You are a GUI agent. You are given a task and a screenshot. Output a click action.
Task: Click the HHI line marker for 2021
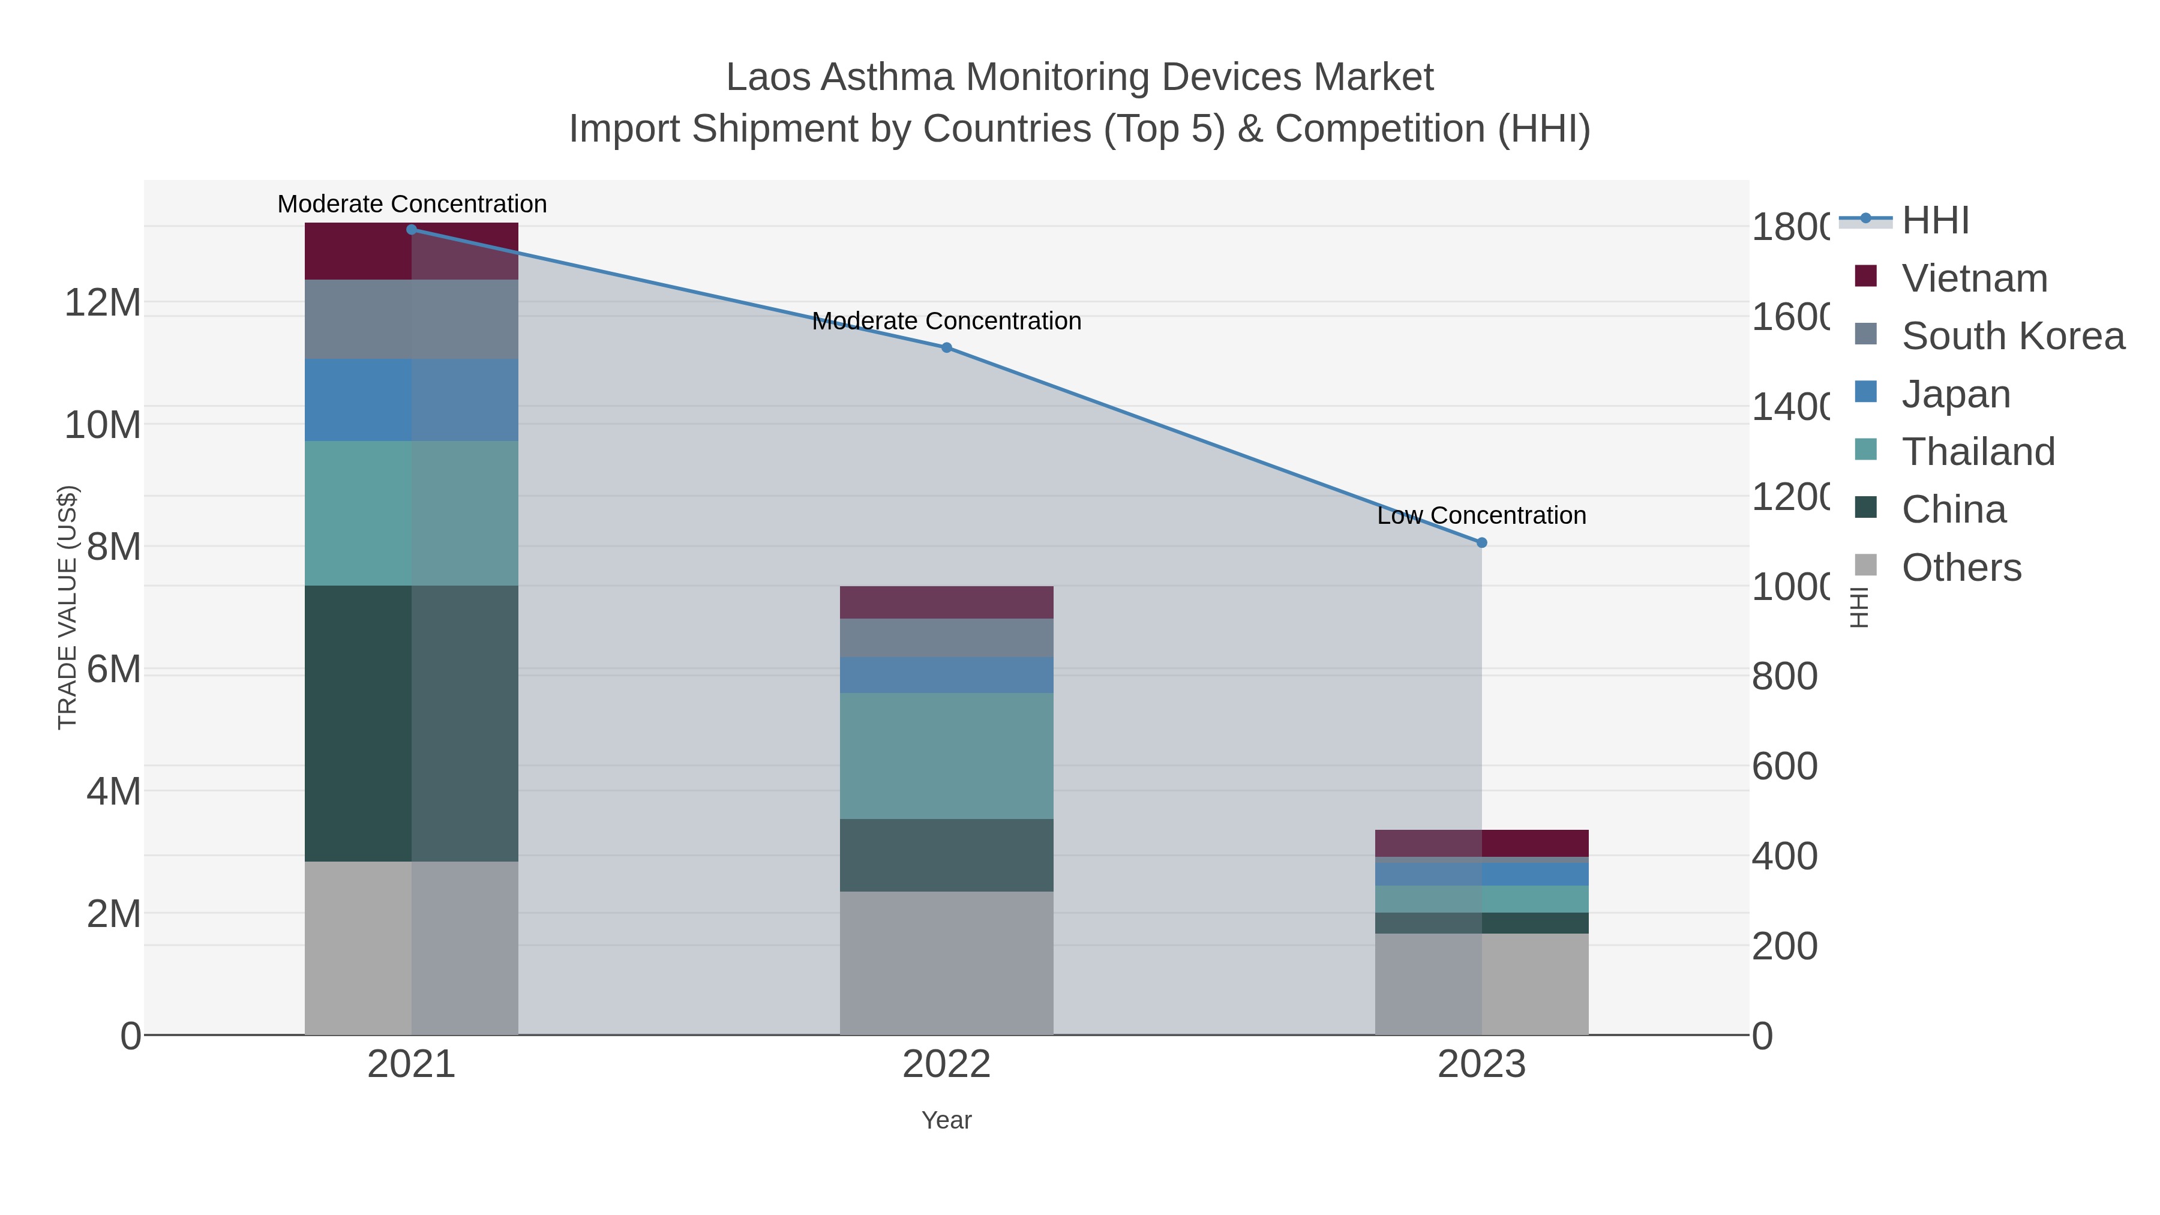tap(411, 229)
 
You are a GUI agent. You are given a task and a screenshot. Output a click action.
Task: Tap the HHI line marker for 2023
tap(1481, 542)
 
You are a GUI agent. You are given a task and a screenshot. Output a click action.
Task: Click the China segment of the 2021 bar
tap(411, 723)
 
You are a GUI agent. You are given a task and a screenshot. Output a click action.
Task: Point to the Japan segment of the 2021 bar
tap(411, 400)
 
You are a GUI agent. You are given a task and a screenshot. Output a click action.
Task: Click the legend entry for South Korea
tap(2012, 336)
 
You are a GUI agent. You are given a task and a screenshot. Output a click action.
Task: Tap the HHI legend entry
tap(1935, 221)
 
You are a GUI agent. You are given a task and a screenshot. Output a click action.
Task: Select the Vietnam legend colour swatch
tap(1865, 276)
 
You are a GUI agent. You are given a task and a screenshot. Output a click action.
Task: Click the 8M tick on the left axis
tap(113, 547)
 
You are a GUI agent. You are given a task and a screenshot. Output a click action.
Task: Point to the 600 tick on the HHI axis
tap(1784, 766)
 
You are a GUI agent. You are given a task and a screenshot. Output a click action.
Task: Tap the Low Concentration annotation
tap(1481, 515)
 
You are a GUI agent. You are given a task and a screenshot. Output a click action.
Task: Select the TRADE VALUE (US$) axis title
tap(67, 607)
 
